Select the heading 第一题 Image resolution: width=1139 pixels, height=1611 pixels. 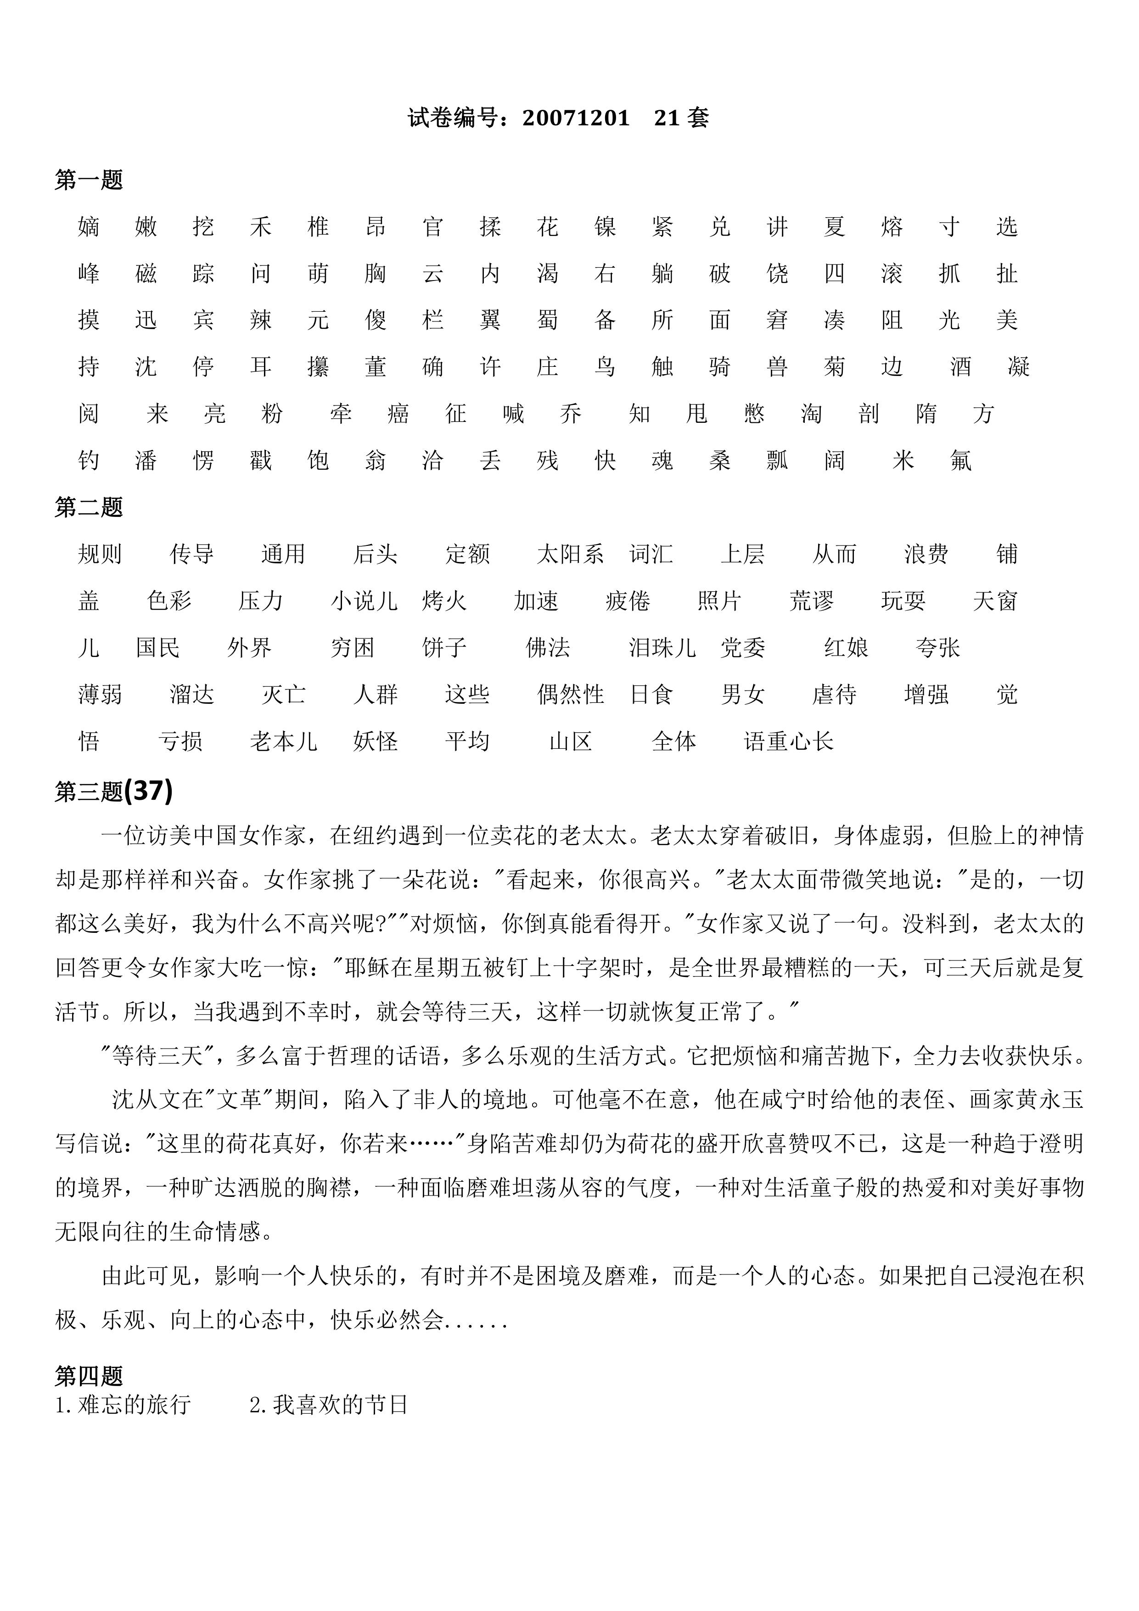click(x=89, y=180)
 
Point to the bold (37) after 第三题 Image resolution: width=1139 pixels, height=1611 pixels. click(x=148, y=791)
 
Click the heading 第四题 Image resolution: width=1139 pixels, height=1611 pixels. click(x=89, y=1376)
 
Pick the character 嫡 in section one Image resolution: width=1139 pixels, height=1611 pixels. click(x=89, y=227)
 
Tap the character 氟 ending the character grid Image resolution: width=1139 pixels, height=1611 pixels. click(x=961, y=460)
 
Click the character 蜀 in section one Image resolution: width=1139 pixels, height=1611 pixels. click(x=547, y=320)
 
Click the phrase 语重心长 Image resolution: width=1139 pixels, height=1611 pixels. click(x=789, y=741)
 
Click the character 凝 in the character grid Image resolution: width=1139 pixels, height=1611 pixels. click(x=1018, y=367)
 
